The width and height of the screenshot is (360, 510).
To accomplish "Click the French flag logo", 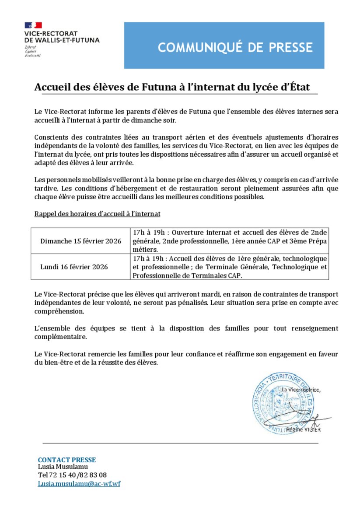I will (x=33, y=25).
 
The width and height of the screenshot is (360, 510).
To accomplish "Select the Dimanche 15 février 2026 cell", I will (x=81, y=241).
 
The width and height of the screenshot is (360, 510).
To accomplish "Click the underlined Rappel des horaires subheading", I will (x=97, y=214).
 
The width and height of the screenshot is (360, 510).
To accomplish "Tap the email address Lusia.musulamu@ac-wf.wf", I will (x=79, y=485).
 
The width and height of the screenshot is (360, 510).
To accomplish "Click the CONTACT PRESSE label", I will (x=67, y=460).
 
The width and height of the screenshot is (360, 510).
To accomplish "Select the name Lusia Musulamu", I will (x=63, y=467).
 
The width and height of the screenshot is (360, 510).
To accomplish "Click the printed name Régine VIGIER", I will (x=303, y=430).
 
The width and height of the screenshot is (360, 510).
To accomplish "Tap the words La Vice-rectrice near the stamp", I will (x=301, y=390).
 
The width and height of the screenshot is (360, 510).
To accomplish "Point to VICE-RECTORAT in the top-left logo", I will (x=51, y=33).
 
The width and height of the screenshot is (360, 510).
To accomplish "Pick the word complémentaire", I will (x=61, y=337).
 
